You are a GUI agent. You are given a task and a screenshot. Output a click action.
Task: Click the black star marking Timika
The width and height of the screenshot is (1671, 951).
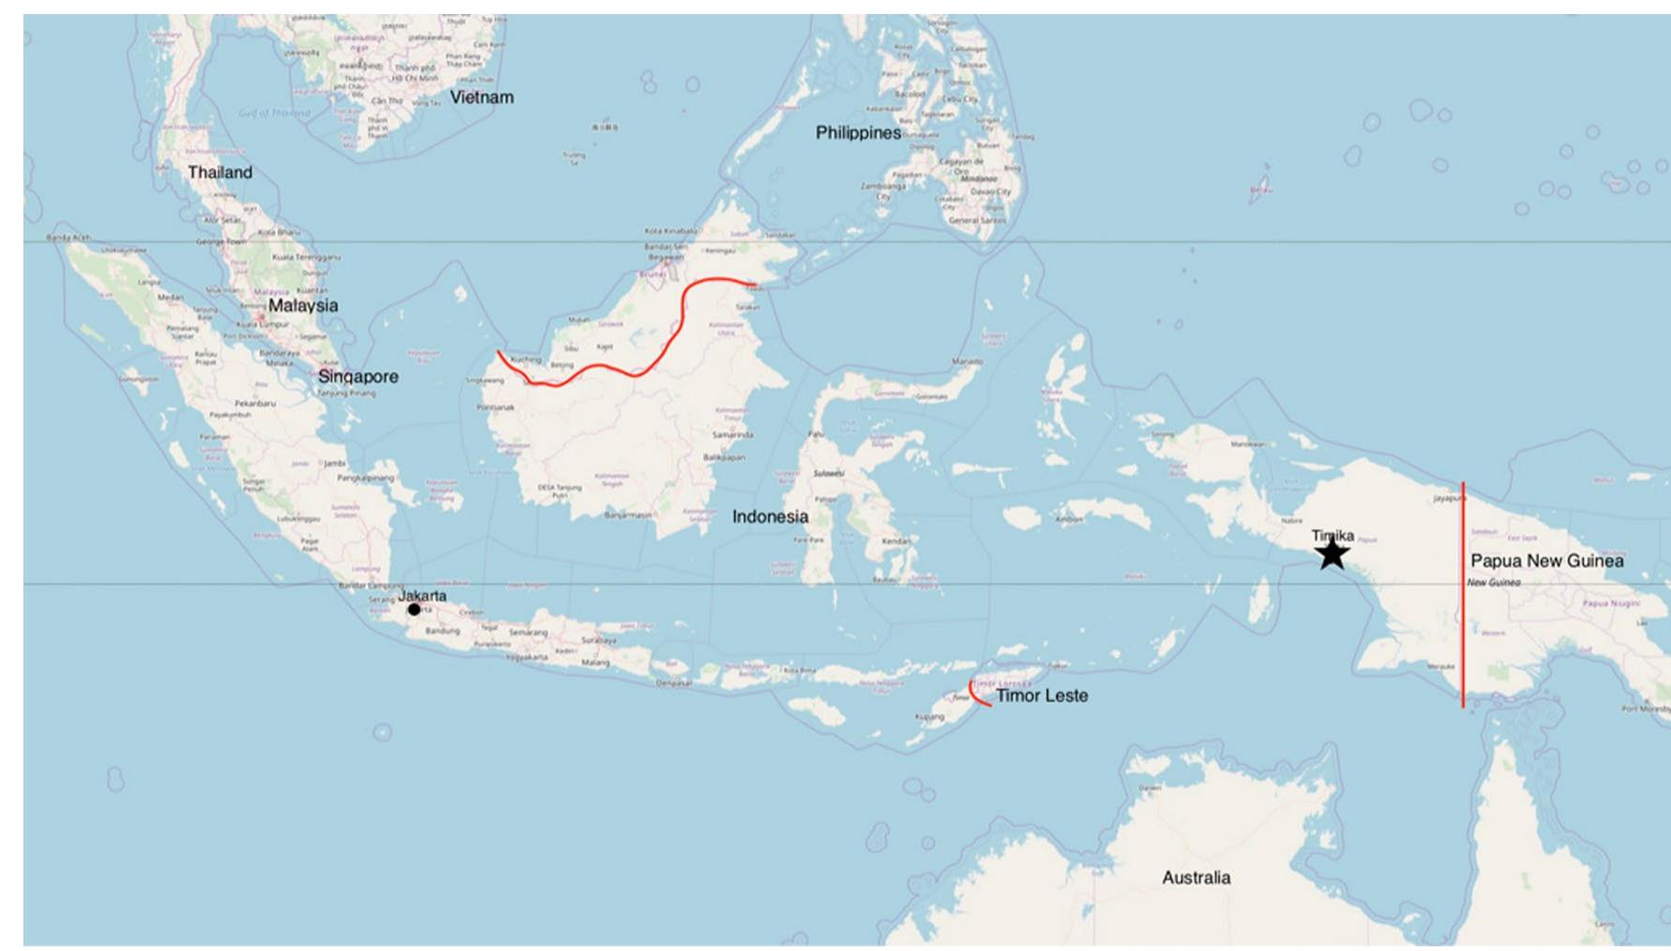(1332, 553)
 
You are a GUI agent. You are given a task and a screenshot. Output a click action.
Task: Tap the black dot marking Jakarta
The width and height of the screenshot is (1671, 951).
(414, 609)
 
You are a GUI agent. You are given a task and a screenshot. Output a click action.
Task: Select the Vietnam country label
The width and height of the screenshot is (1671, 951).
(482, 97)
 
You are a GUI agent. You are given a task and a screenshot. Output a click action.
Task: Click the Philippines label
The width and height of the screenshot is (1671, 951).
(858, 133)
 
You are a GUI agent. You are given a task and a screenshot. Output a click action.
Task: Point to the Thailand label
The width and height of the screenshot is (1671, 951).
(220, 172)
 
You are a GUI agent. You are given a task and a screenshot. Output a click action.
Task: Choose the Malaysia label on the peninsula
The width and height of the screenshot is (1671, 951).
(303, 305)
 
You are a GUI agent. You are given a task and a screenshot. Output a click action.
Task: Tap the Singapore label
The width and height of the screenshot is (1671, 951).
(357, 376)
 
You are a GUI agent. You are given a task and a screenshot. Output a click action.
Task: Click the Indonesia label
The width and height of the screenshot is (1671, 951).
(770, 517)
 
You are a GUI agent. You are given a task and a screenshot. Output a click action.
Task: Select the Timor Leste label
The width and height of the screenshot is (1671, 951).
(1041, 695)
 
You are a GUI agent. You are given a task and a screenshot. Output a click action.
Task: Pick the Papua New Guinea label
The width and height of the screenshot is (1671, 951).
(1547, 561)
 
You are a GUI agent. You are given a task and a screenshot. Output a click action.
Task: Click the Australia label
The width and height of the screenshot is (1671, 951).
(1196, 877)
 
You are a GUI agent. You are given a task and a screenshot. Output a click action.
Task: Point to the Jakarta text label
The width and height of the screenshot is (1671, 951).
(422, 595)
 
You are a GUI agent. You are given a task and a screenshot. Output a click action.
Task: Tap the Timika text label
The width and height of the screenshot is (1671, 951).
(1332, 535)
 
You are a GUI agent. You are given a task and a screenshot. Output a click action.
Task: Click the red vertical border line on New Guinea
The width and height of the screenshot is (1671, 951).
(1463, 599)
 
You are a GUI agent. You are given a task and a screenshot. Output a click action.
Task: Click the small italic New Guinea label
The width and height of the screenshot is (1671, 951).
(1493, 582)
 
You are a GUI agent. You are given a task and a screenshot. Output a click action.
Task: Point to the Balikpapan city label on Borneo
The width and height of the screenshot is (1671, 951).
(724, 458)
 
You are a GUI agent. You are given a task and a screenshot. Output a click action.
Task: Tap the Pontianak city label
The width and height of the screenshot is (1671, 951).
(495, 407)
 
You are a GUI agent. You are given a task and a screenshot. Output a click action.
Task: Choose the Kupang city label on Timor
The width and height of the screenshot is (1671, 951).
(930, 717)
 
